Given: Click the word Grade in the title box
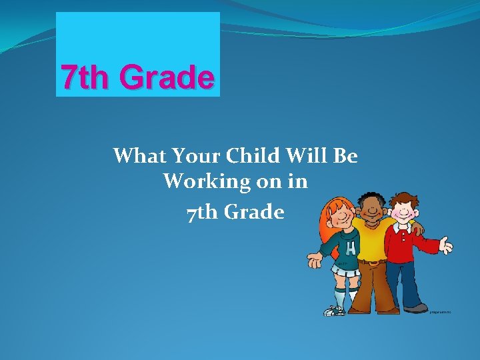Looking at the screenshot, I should (167, 78).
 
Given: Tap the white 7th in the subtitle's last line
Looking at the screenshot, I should (199, 213).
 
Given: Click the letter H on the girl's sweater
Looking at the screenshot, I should (350, 249).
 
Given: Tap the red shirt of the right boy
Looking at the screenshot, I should (407, 247).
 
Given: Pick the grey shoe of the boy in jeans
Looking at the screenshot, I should (415, 308).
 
